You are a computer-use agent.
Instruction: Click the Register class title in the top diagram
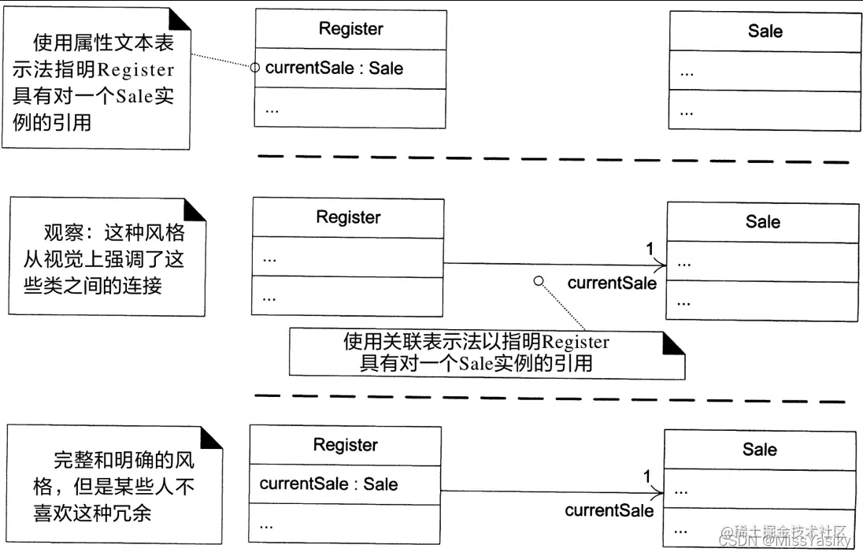[x=350, y=29]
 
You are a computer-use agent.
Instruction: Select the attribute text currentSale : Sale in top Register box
[x=334, y=69]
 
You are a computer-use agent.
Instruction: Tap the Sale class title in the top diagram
[x=765, y=32]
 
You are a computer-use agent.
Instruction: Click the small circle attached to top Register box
[x=254, y=68]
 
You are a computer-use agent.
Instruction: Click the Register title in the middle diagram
[x=348, y=217]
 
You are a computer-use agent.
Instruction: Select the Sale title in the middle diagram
[x=762, y=222]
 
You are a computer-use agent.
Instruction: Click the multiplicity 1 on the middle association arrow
[x=650, y=249]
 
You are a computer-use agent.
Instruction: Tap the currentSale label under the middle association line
[x=611, y=284]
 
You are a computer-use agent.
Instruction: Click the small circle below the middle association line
[x=539, y=281]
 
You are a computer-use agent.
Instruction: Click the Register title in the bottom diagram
[x=345, y=445]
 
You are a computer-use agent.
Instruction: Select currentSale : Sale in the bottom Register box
[x=328, y=484]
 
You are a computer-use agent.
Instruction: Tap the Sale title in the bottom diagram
[x=759, y=450]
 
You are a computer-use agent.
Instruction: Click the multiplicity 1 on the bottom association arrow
[x=647, y=476]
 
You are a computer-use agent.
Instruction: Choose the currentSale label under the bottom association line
[x=609, y=510]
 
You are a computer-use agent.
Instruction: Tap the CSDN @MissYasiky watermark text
[x=786, y=541]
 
